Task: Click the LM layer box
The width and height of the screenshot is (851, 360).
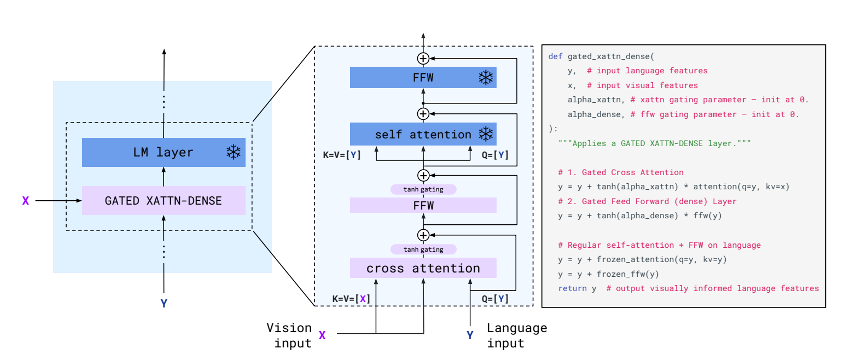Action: click(x=164, y=152)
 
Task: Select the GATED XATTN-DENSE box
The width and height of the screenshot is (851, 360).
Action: click(x=164, y=200)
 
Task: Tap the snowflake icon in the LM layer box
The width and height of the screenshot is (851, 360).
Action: click(x=234, y=152)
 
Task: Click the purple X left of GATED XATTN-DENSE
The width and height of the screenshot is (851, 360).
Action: click(x=26, y=201)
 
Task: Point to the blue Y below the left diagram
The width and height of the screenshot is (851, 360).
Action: click(x=164, y=303)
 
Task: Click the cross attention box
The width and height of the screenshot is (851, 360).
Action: click(x=423, y=268)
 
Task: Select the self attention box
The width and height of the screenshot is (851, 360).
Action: click(x=423, y=134)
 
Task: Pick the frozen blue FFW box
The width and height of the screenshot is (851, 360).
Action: click(x=423, y=78)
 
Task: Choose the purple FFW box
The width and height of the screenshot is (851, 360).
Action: click(x=423, y=205)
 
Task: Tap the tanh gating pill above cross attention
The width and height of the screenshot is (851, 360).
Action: click(x=423, y=249)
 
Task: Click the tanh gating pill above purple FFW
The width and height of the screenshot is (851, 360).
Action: click(x=423, y=189)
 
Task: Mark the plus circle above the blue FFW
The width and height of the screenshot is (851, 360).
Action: click(x=423, y=59)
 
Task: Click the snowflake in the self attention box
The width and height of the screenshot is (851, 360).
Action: click(x=486, y=134)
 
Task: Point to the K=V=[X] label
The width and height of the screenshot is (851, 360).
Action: click(x=351, y=299)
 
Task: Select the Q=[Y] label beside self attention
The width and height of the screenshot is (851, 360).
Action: click(x=495, y=155)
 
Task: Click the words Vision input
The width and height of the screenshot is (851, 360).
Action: click(x=289, y=335)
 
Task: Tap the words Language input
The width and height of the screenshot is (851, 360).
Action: click(x=517, y=335)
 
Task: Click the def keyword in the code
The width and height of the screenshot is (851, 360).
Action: click(x=556, y=56)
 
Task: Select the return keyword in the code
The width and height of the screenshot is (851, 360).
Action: click(x=572, y=288)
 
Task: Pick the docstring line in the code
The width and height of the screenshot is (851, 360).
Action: click(x=654, y=143)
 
